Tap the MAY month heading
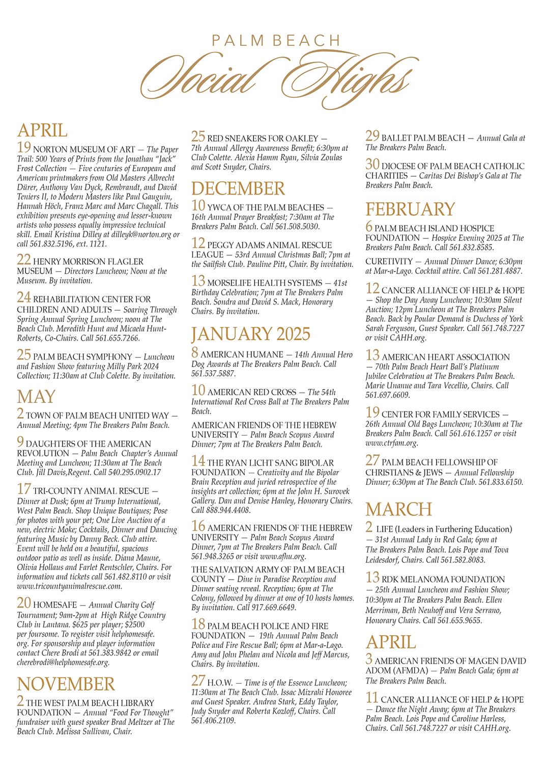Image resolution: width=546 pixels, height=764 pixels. (x=37, y=397)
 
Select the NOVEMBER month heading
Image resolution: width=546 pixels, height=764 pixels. (x=66, y=684)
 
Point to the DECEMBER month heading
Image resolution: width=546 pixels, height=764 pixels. (x=238, y=189)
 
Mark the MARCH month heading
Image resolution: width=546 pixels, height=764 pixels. (x=398, y=509)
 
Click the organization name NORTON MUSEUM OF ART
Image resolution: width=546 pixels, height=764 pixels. (x=84, y=149)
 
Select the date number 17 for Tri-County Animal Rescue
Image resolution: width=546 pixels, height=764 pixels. (x=24, y=489)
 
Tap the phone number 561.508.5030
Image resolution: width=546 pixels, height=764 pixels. (x=301, y=226)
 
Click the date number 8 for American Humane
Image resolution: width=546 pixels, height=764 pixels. (x=195, y=352)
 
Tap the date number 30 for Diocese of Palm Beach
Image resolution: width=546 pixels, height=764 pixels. (x=372, y=165)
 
